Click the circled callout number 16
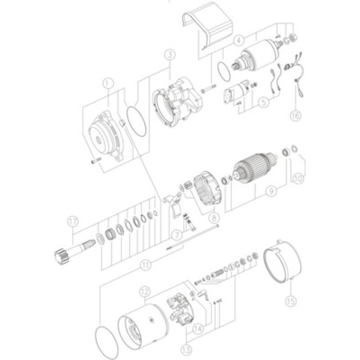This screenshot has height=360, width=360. click(x=295, y=115)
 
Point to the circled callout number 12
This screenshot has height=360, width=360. click(x=144, y=292)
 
